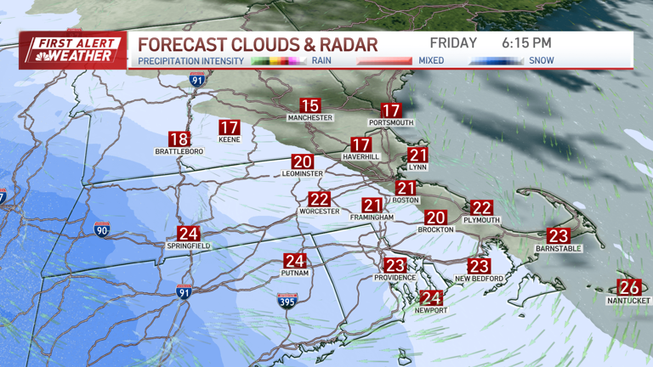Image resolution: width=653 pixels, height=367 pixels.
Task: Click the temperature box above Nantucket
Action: point(629,287)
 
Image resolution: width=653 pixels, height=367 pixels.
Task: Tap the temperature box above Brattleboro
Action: point(179,139)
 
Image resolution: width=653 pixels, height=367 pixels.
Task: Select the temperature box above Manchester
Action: point(309,106)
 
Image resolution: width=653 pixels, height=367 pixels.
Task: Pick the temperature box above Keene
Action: point(230,127)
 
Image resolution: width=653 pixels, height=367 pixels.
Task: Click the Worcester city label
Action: point(319,212)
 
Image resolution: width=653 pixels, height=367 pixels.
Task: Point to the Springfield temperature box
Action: point(188,234)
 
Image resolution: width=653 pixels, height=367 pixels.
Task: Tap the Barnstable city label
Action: point(557,249)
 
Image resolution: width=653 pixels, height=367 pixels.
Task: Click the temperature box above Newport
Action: point(431,297)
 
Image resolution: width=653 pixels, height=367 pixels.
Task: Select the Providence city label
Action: point(395,278)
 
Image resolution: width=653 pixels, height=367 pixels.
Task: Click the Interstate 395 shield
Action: point(287,300)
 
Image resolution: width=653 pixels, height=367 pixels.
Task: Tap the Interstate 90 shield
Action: point(101,229)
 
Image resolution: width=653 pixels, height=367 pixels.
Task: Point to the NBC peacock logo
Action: point(35,56)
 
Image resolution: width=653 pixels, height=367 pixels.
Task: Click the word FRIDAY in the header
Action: point(453,42)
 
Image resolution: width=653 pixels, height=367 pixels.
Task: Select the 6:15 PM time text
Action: point(526,42)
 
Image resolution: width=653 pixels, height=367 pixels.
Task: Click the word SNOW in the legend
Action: point(542,61)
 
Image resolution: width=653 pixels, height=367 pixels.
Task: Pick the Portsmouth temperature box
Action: point(391,110)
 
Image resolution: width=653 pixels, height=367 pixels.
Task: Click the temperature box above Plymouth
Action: point(482,207)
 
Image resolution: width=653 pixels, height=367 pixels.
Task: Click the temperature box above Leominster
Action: point(303,161)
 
